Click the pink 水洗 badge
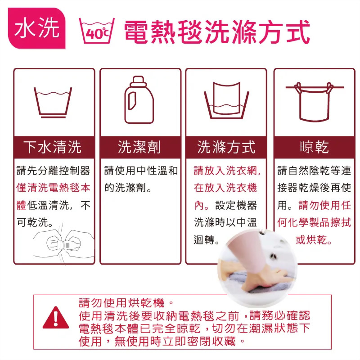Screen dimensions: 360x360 37,28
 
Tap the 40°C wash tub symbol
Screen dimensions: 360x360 97,31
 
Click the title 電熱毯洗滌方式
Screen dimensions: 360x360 217,31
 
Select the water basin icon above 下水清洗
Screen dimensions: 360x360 53,103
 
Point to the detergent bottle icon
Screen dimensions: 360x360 139,99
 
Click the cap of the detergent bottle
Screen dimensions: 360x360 138,81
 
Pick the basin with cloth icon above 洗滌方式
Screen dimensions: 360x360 226,100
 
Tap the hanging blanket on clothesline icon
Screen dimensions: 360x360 315,102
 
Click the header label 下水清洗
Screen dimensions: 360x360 53,147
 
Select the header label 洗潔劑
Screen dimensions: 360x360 139,147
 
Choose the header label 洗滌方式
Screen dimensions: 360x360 226,147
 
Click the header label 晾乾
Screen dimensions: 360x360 314,147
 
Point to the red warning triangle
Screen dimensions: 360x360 56,318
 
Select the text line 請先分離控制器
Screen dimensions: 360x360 53,171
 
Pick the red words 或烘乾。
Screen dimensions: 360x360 314,240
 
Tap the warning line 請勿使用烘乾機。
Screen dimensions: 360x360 126,303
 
